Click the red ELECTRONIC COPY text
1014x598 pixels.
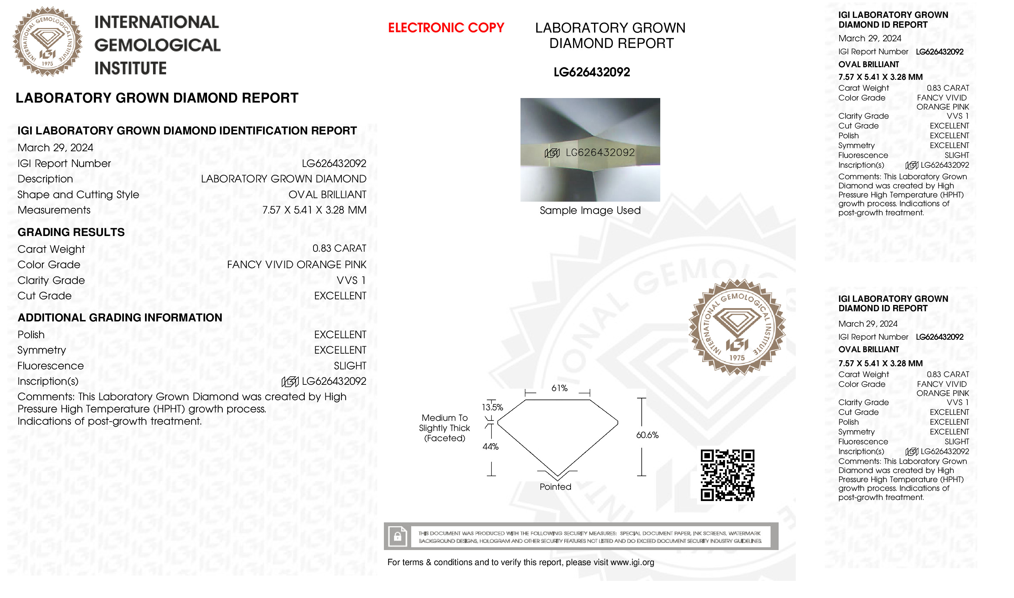coord(446,28)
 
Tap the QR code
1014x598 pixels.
coord(727,475)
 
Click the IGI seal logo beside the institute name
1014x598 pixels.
coord(48,42)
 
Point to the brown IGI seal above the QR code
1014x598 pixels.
coord(737,327)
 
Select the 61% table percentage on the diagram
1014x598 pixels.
coord(559,388)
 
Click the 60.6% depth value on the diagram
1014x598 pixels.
coord(647,435)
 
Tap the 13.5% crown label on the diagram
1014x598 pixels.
coord(492,408)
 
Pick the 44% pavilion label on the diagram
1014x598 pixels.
coord(490,446)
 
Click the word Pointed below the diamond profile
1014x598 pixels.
coord(556,487)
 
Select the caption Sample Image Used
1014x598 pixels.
coord(590,210)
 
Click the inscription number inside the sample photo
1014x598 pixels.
coord(600,152)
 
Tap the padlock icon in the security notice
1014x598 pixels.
coord(398,536)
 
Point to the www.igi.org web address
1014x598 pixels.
coord(632,563)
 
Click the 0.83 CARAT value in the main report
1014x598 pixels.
coord(339,249)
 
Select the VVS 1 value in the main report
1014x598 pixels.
coord(351,280)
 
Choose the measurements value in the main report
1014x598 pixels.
coord(314,210)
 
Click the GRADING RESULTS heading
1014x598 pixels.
coord(71,232)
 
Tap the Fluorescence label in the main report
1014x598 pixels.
coord(51,366)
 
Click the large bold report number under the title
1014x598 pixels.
coord(592,72)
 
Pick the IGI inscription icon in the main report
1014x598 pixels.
coord(290,381)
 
